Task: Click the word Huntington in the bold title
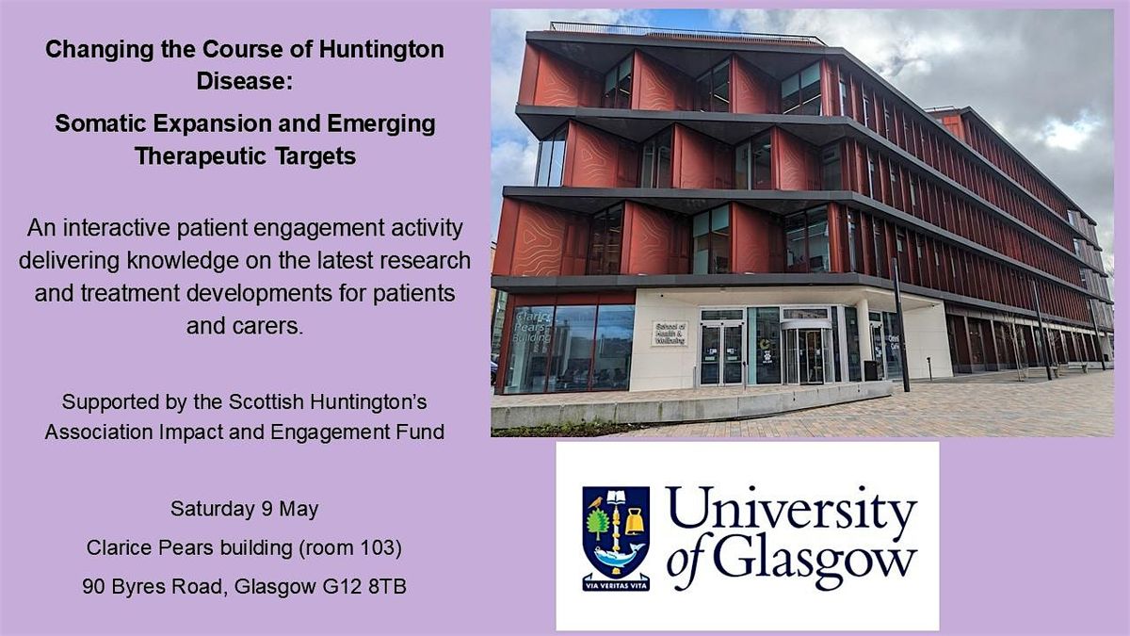pyautogui.click(x=381, y=50)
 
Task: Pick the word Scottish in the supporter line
pyautogui.click(x=266, y=402)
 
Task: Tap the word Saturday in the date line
pyautogui.click(x=213, y=509)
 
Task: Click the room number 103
pyautogui.click(x=377, y=547)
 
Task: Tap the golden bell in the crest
pyautogui.click(x=635, y=522)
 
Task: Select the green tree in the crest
pyautogui.click(x=598, y=524)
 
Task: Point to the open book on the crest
pyautogui.click(x=616, y=497)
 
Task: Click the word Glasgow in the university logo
pyautogui.click(x=815, y=562)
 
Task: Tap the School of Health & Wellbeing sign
pyautogui.click(x=670, y=334)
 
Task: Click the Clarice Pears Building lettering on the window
pyautogui.click(x=533, y=327)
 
